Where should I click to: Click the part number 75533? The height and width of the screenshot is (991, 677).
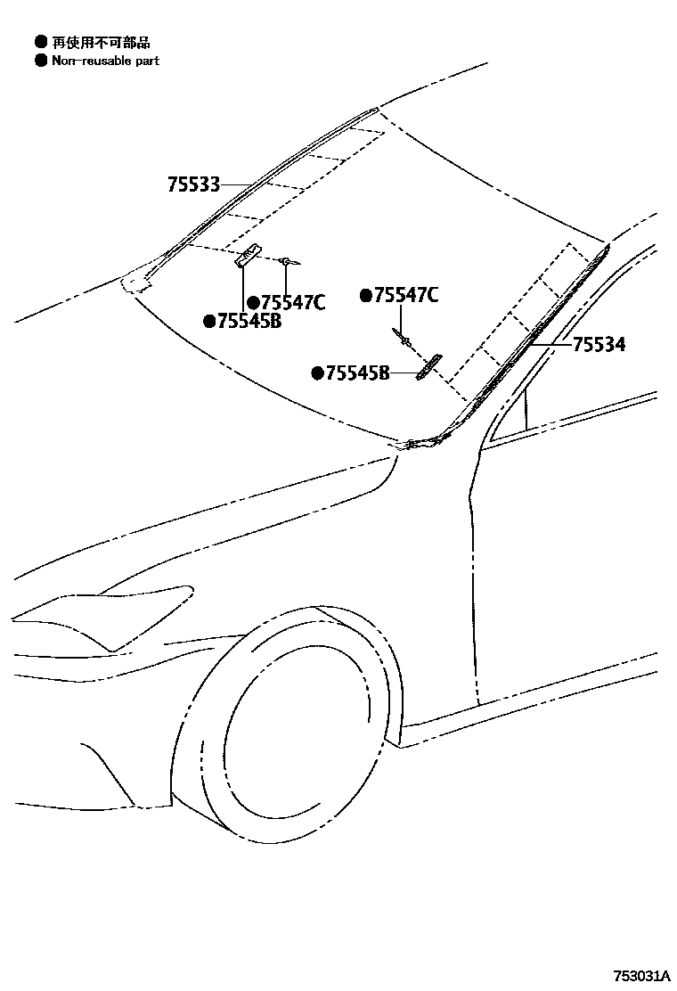(193, 185)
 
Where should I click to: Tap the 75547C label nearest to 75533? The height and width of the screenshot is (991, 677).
(292, 303)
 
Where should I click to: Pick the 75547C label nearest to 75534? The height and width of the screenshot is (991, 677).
(405, 296)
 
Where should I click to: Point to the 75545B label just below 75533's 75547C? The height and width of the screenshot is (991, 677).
(249, 321)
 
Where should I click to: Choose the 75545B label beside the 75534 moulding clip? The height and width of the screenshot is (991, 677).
(356, 373)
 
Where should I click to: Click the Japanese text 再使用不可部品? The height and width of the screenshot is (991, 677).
(100, 42)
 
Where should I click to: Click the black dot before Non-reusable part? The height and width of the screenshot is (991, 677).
(40, 61)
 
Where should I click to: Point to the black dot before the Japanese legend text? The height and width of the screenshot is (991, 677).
(40, 42)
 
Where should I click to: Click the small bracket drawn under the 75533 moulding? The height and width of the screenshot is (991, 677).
(247, 255)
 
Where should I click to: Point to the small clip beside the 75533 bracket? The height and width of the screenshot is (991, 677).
(288, 261)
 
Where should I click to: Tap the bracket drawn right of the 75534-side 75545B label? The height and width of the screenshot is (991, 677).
(429, 366)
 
